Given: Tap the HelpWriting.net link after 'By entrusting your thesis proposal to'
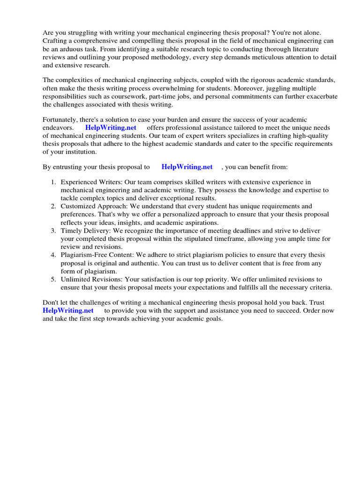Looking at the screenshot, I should tap(187, 167).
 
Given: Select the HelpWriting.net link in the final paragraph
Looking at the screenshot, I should tap(68, 310).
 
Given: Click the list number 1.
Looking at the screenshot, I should tap(53, 182).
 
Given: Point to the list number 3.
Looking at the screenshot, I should tap(53, 231).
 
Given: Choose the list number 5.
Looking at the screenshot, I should tap(53, 279).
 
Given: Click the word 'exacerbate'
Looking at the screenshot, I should tap(318, 97).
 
